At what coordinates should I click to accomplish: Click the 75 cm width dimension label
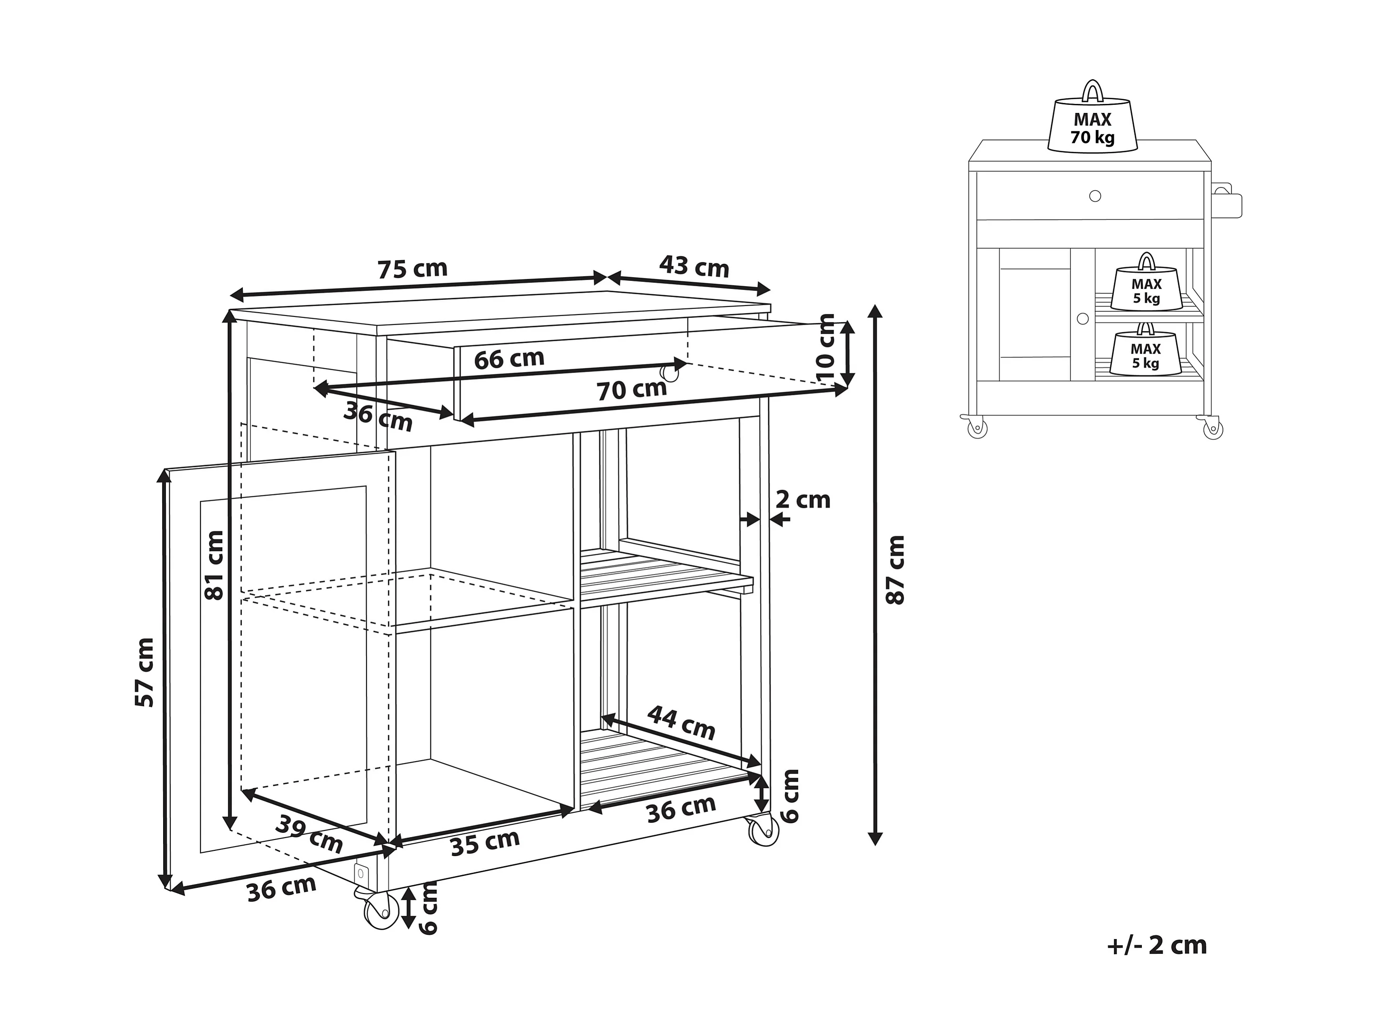[413, 269]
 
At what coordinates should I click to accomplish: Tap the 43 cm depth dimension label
[694, 266]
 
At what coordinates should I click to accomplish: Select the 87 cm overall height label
[895, 569]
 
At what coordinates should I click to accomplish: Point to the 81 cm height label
[214, 565]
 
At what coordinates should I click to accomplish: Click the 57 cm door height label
[145, 672]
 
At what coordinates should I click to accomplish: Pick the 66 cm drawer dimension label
[509, 359]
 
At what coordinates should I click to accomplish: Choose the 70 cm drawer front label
[632, 390]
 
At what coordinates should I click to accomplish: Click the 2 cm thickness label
[802, 500]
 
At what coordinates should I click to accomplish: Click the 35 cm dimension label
[485, 843]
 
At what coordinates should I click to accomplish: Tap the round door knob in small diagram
[1082, 318]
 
